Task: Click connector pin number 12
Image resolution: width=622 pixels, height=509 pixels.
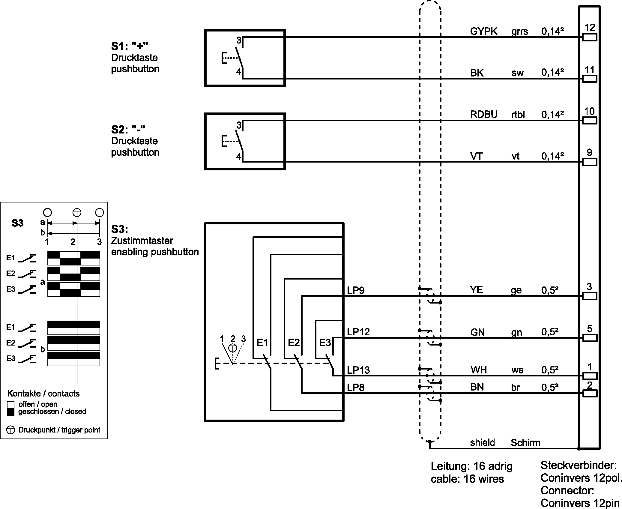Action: [590, 28]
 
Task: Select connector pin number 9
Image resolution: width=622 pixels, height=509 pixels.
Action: [589, 153]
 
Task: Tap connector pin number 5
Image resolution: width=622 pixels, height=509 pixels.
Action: [589, 328]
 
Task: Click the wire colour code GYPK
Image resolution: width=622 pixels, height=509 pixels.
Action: [483, 31]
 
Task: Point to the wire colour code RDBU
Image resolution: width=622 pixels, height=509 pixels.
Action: [483, 114]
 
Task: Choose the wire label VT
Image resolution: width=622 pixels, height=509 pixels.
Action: [476, 156]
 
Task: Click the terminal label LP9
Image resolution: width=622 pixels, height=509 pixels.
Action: [355, 290]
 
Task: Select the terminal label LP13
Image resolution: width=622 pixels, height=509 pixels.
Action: [358, 370]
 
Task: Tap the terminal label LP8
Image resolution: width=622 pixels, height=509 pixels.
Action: [355, 388]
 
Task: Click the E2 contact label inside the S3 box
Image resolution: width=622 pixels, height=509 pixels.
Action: [294, 343]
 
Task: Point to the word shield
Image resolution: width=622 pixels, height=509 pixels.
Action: [482, 443]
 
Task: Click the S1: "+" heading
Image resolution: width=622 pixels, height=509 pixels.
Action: [130, 46]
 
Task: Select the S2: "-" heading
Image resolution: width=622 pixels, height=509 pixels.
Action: [128, 130]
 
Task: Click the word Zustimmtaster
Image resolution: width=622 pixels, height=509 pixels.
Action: [142, 241]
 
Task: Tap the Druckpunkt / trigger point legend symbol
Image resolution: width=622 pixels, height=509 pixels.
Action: [10, 430]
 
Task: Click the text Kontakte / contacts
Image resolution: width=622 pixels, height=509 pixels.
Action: [43, 394]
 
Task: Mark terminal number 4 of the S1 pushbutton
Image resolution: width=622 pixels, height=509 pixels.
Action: [239, 72]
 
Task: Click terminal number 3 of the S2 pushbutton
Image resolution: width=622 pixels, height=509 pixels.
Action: [239, 125]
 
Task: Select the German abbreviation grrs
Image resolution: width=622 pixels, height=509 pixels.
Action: [519, 31]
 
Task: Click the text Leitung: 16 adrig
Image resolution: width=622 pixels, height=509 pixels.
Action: [471, 466]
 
